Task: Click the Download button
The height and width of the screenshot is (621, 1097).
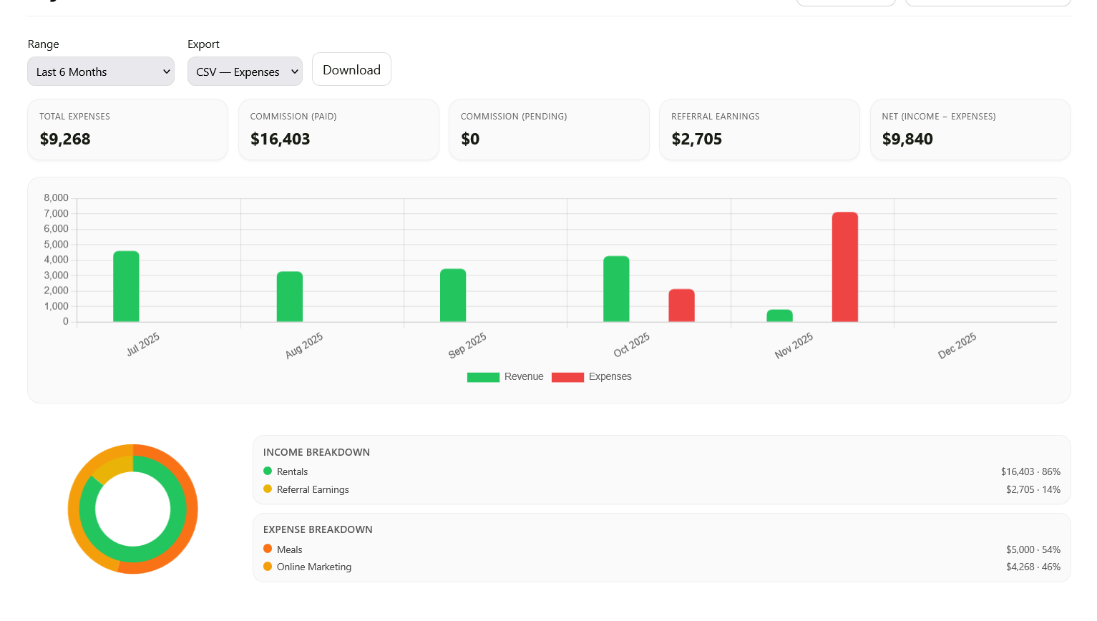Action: point(351,69)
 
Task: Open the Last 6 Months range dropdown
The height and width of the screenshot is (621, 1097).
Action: point(101,72)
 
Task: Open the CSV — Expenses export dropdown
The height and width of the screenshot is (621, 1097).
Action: point(245,72)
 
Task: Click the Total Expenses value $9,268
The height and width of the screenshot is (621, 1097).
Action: point(65,139)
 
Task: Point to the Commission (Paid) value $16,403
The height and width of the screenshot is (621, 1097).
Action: point(280,139)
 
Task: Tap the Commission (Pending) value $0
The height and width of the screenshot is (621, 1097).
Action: point(470,139)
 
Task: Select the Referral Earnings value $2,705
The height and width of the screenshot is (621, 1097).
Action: point(696,139)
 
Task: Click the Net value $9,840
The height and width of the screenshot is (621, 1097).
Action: point(907,139)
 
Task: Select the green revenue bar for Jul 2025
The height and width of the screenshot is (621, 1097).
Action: point(126,286)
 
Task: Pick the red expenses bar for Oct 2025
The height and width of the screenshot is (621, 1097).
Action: point(681,305)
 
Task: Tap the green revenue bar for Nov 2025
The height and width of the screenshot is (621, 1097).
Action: point(779,316)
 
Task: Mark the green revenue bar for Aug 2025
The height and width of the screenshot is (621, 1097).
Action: point(290,296)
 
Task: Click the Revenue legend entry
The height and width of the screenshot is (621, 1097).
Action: point(505,377)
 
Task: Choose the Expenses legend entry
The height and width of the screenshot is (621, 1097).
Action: point(592,377)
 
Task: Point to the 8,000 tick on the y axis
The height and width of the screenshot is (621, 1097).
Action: point(57,198)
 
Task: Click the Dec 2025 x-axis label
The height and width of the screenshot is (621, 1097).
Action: point(957,346)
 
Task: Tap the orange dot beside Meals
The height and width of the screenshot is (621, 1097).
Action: point(268,549)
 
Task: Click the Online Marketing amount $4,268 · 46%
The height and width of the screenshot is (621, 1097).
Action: point(1033,567)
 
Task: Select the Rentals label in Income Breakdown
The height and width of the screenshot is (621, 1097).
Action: point(292,471)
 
